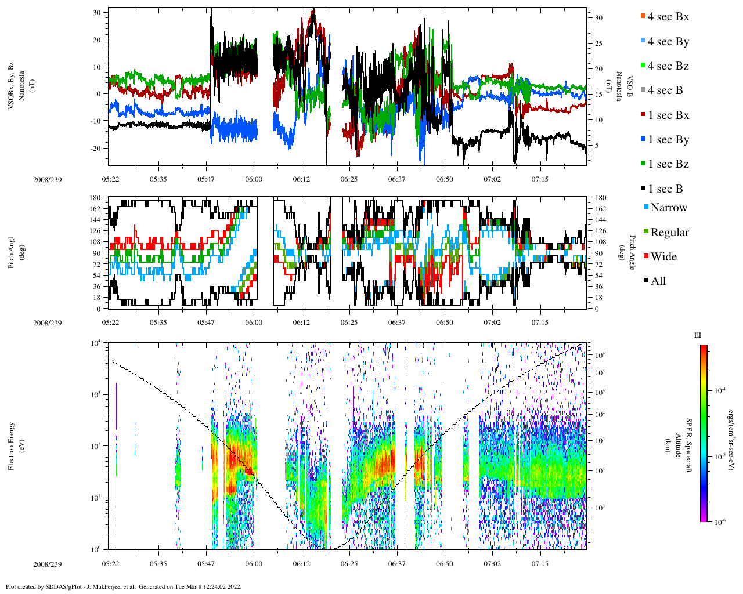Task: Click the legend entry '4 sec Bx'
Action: tap(668, 17)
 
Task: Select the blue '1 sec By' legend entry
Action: tap(668, 140)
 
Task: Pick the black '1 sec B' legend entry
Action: tap(665, 189)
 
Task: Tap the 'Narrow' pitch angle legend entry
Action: tap(668, 208)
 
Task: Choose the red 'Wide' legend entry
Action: tap(663, 257)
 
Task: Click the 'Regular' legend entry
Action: tap(669, 233)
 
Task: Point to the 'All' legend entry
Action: tap(658, 281)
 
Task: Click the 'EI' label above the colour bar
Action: tap(698, 335)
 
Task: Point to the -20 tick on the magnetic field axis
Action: tap(95, 148)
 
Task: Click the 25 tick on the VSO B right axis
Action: tap(598, 44)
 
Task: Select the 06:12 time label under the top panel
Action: tap(301, 179)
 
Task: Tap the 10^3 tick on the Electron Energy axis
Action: tap(95, 394)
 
